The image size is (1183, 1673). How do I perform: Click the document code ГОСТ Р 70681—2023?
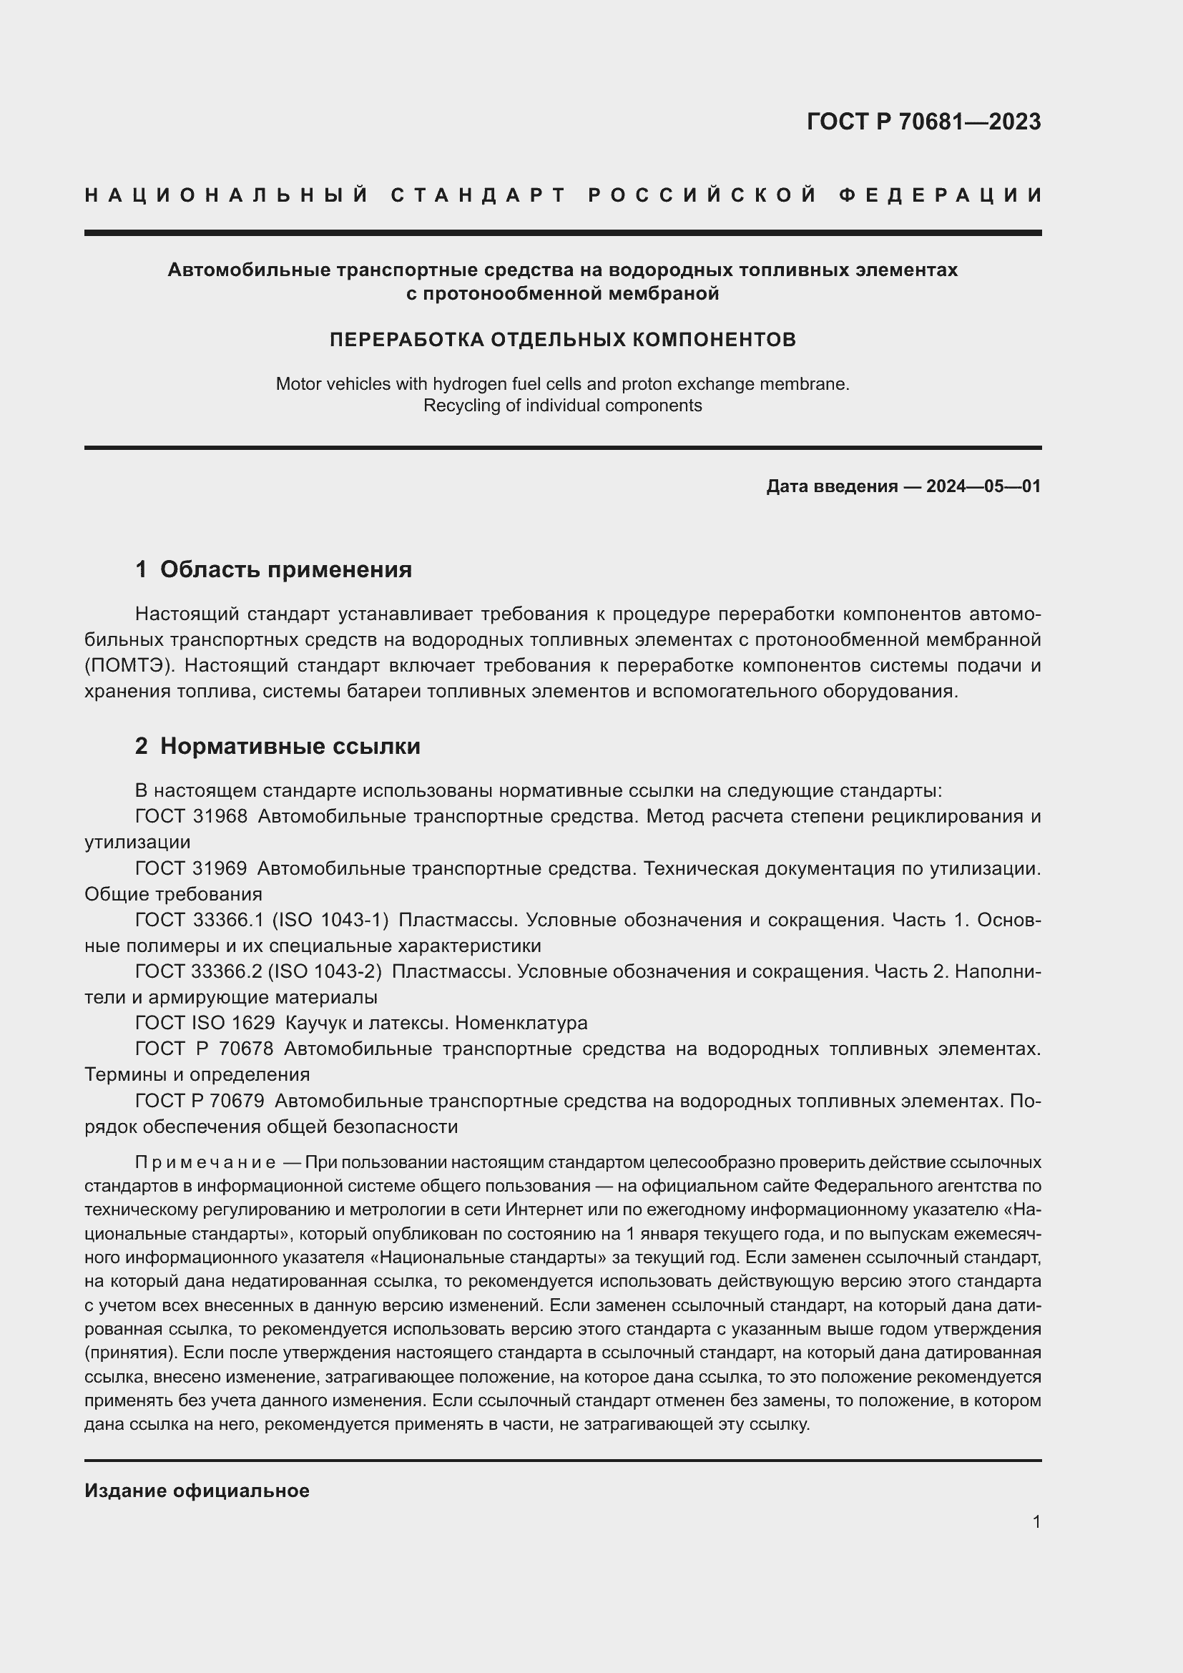click(923, 122)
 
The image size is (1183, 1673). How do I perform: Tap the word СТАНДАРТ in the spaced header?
click(478, 195)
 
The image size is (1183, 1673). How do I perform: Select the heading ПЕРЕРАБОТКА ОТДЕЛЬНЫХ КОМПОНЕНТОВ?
click(562, 340)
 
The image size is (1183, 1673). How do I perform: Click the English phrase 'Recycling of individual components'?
click(562, 406)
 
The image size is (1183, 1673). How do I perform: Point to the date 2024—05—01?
click(983, 486)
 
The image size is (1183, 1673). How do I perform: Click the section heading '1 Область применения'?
click(273, 569)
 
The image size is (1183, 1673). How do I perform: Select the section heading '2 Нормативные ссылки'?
click(278, 746)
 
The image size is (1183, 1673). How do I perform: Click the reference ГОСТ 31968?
click(191, 816)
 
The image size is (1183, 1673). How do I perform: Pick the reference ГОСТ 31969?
click(191, 868)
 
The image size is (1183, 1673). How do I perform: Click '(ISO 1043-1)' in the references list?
click(330, 920)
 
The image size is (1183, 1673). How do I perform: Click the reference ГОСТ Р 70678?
click(204, 1049)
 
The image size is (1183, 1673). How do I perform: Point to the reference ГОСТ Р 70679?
click(200, 1100)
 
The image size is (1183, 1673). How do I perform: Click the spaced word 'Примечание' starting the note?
click(205, 1162)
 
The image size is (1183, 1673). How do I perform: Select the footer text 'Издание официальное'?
click(197, 1491)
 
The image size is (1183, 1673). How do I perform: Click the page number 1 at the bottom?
click(1036, 1521)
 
